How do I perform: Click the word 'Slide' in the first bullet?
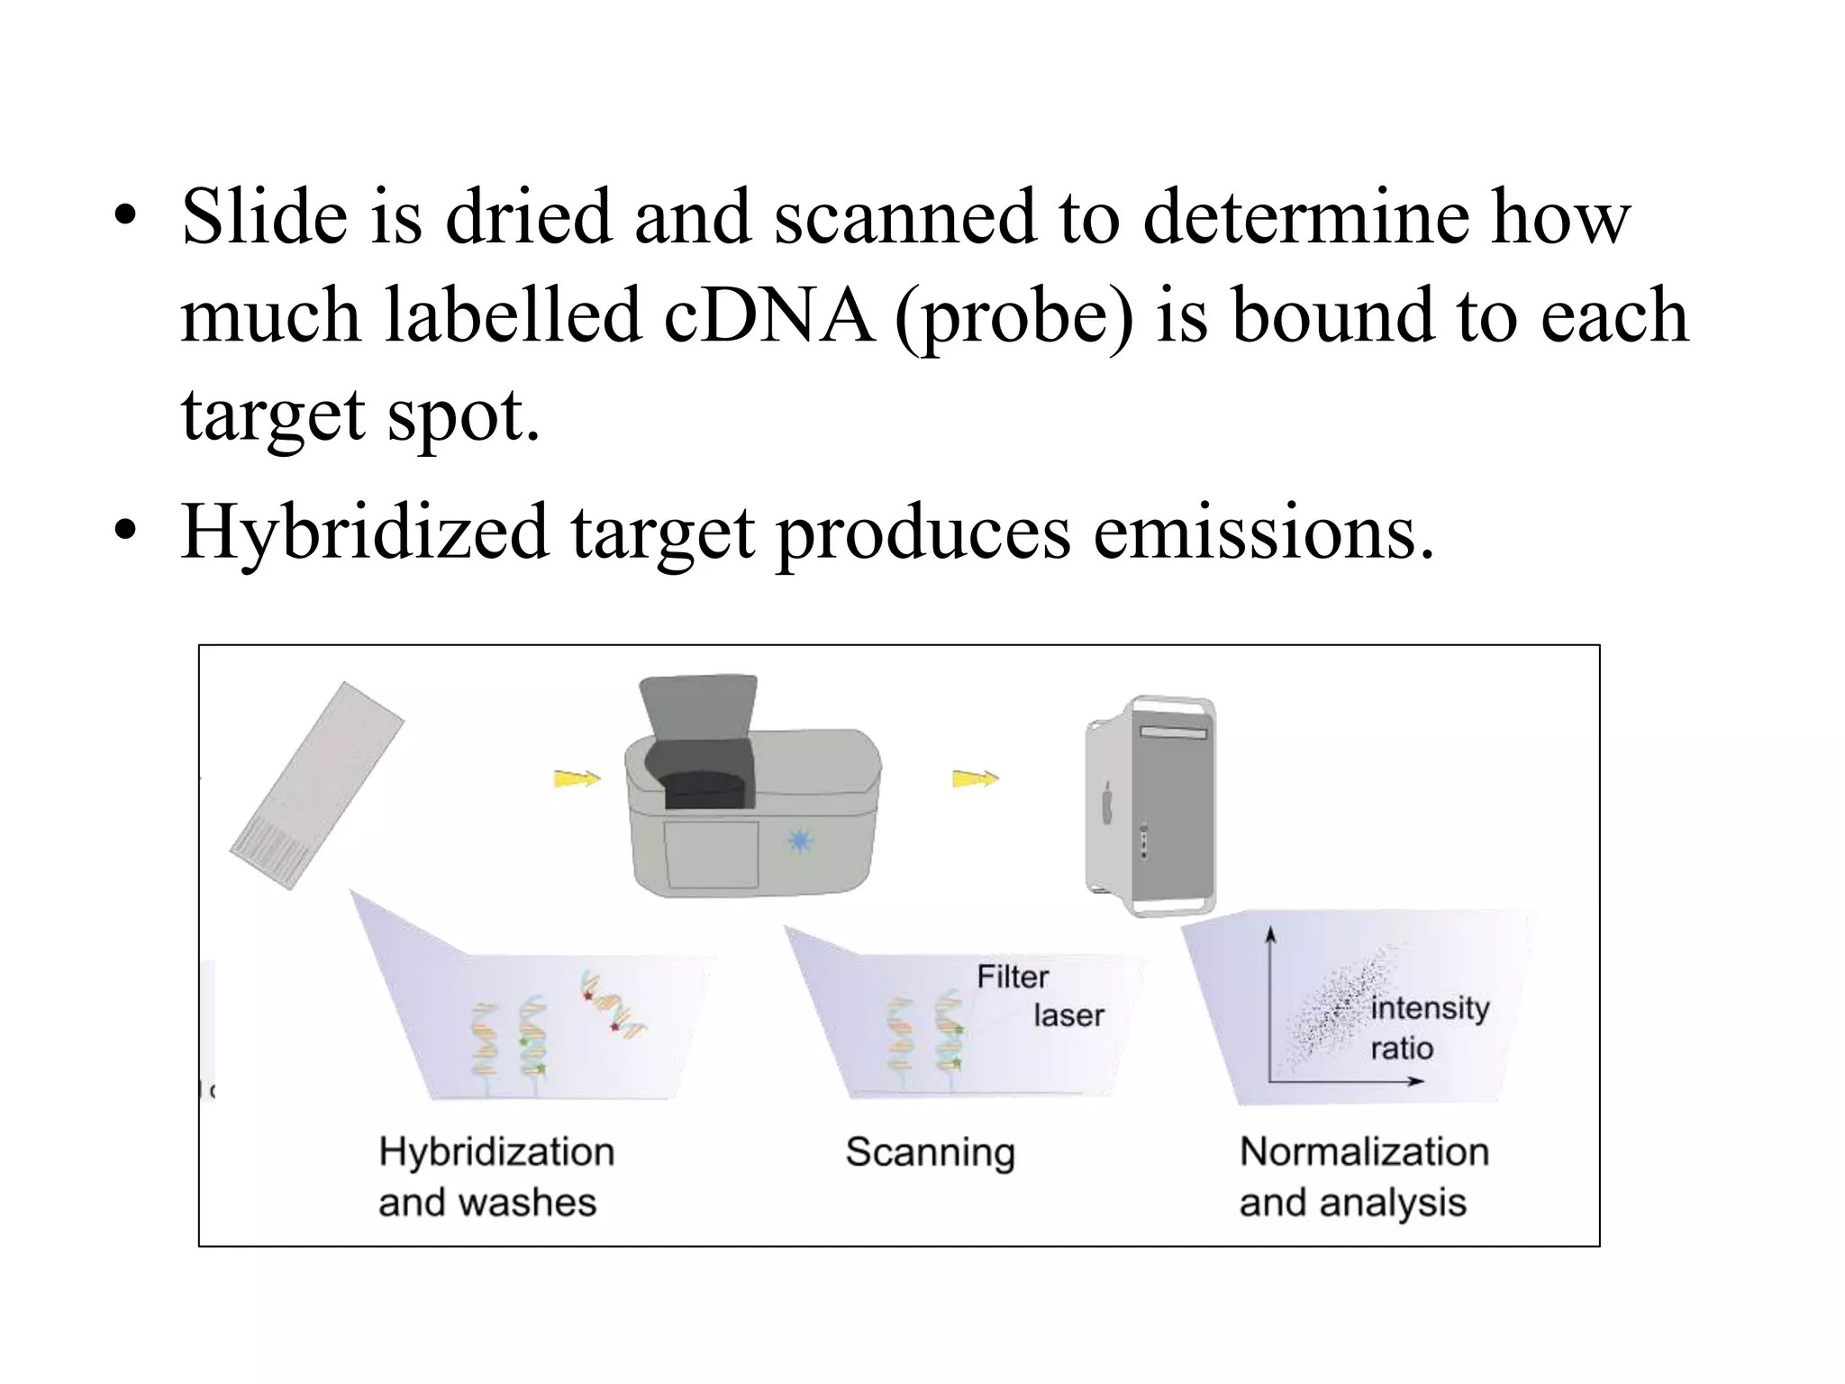point(264,217)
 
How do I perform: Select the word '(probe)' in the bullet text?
point(1014,317)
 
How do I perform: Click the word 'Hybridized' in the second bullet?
point(365,532)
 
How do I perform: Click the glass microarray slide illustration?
point(316,785)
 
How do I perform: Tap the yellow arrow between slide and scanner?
point(577,778)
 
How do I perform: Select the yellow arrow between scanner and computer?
point(976,778)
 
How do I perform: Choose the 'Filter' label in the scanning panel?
point(1013,977)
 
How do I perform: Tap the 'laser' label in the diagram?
point(1068,1016)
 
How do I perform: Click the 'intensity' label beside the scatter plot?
point(1430,1007)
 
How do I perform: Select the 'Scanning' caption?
point(930,1152)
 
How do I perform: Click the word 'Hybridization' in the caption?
point(496,1152)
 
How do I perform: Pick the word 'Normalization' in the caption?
point(1364,1152)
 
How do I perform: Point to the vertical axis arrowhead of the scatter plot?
point(1270,933)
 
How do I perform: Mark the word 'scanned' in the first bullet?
point(904,217)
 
